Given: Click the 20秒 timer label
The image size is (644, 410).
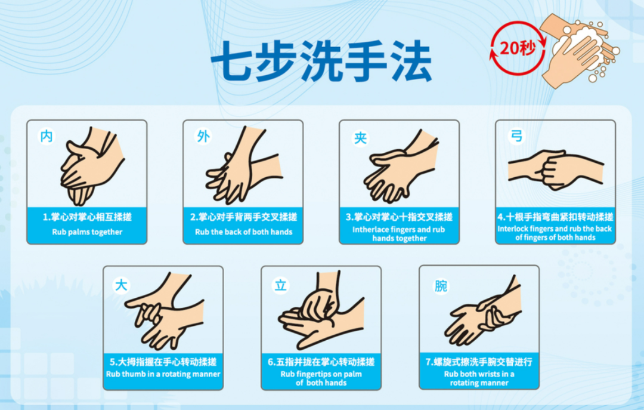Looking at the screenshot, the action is coord(518,48).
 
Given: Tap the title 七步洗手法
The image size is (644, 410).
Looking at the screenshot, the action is coord(321,61).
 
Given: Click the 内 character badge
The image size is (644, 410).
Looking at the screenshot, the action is coord(47,136).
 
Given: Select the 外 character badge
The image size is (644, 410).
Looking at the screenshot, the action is coord(203,136).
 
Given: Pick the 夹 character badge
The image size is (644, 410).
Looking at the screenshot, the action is coord(360,138).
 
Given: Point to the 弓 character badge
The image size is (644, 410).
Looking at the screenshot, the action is coord(516,135).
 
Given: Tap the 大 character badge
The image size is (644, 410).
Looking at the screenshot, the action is coord(121,285).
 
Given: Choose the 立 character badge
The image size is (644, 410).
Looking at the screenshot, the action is coord(280,285).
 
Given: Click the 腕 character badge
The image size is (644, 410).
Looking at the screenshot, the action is coord(441,286).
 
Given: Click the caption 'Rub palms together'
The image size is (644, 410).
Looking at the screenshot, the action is coord(87,232).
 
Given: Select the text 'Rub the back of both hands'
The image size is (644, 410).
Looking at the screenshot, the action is coord(243,232).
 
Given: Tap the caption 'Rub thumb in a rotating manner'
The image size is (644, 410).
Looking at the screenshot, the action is coord(163,374).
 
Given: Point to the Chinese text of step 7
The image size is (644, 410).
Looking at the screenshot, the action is coord(479,362).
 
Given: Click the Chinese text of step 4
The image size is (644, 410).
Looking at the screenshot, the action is coord(555,217).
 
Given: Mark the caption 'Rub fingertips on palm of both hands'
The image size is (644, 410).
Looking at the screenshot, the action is coord(321,378).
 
